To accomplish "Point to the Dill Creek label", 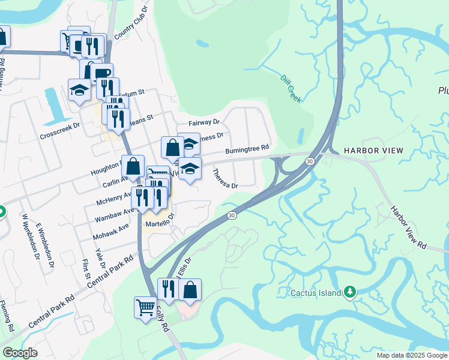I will pos(291,89).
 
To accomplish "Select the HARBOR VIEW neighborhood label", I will pos(373,150).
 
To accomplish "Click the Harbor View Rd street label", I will pos(408,228).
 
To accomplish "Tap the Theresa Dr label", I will pos(225,178).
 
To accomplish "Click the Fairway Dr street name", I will pos(204,122).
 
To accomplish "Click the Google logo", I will pos(20,353).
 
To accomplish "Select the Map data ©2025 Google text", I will pos(412,355).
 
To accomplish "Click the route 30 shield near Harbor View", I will pos(309,161).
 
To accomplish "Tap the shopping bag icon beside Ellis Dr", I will pos(190,289).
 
